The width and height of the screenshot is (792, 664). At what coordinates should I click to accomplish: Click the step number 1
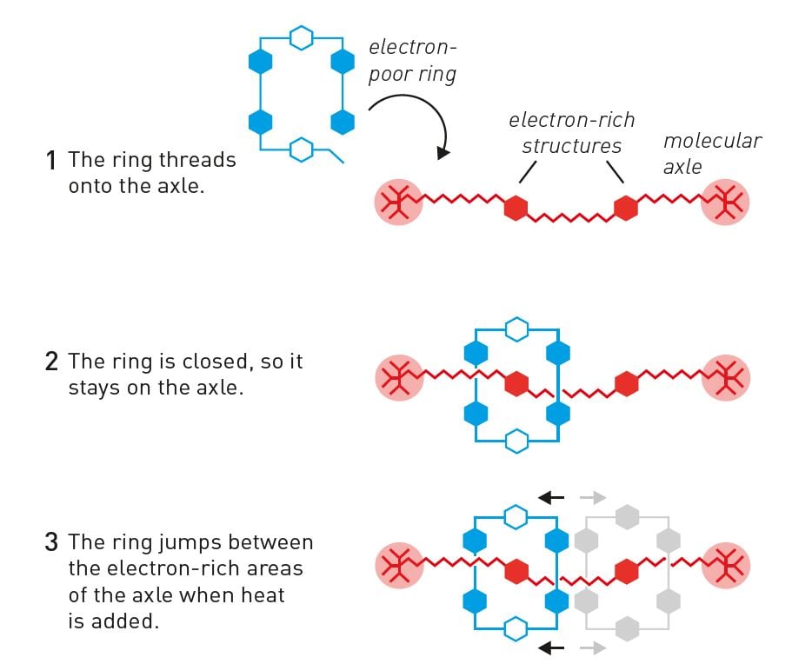[x=51, y=161]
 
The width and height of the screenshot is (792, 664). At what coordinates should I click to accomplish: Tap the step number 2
[x=51, y=362]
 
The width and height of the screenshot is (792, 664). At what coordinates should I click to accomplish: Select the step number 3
[x=51, y=543]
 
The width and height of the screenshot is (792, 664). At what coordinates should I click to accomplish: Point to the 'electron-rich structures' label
[x=571, y=132]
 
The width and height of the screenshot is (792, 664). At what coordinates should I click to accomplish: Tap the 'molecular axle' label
[x=712, y=152]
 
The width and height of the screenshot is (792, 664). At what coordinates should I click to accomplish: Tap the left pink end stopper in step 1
[x=398, y=203]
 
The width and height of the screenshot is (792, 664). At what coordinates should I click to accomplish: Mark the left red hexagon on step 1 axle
[x=516, y=209]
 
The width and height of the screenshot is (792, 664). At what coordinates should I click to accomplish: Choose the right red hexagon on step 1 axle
[x=626, y=209]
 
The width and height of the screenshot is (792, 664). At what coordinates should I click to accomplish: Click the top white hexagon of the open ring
[x=301, y=37]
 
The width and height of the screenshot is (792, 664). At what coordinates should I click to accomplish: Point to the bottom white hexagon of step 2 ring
[x=517, y=441]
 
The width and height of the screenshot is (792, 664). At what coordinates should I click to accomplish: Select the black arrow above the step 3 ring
[x=550, y=498]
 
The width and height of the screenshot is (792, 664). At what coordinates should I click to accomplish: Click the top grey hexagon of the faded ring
[x=626, y=517]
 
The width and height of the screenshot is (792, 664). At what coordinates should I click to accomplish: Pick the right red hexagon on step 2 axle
[x=626, y=381]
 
